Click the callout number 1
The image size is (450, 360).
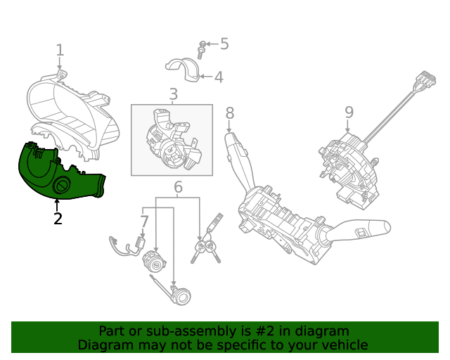[x=60, y=50]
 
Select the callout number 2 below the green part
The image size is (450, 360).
[x=58, y=219]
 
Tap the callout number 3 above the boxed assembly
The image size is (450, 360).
[x=172, y=94]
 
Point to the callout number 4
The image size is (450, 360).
[x=219, y=77]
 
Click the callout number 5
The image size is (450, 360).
[x=224, y=44]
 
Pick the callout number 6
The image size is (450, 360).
[x=178, y=188]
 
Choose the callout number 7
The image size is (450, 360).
[x=144, y=222]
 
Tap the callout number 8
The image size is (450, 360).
[x=230, y=112]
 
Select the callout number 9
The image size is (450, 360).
[x=349, y=112]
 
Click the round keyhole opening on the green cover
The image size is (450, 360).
[x=61, y=187]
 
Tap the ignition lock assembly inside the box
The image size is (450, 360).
[x=172, y=141]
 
